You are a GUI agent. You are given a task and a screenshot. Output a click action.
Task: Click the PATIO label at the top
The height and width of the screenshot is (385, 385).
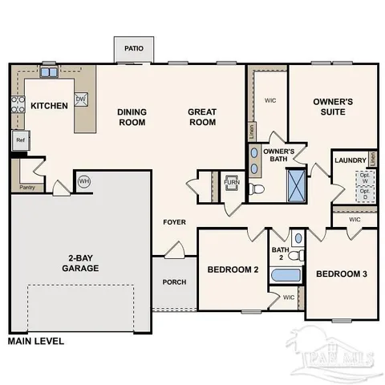(x=134, y=49)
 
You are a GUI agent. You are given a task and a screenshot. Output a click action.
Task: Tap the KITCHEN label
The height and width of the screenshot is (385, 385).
(x=49, y=106)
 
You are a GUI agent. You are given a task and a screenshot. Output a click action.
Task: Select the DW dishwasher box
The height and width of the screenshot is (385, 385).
(x=81, y=99)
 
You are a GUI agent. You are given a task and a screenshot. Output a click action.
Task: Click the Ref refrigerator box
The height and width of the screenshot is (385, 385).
(x=22, y=140)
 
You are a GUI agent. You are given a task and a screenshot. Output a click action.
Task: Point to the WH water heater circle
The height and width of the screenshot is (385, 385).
(x=84, y=181)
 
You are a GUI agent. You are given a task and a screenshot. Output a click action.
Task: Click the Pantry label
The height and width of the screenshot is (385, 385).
(x=26, y=188)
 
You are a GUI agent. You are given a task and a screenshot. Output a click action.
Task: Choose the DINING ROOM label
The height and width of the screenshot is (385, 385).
(x=131, y=117)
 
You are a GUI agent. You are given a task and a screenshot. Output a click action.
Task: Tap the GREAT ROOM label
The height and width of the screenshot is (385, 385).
(x=203, y=117)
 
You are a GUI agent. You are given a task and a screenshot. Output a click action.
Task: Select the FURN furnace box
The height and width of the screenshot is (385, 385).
(x=231, y=183)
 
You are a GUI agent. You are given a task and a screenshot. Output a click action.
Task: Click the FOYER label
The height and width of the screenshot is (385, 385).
(x=174, y=221)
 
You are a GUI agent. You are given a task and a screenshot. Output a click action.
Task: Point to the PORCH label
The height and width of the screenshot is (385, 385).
(x=174, y=282)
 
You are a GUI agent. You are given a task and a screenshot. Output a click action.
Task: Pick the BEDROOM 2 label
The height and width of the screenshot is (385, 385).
(x=233, y=269)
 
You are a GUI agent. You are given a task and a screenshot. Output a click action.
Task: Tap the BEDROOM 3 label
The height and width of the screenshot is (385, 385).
(x=341, y=274)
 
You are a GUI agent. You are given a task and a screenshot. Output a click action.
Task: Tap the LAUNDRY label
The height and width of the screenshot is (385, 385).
(x=351, y=160)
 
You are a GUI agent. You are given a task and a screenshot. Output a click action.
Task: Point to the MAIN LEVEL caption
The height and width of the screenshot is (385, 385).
(x=35, y=340)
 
